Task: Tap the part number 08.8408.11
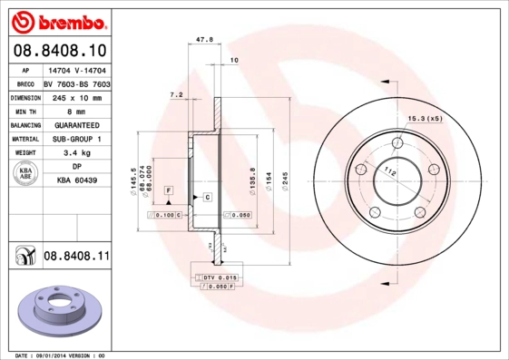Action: pyautogui.click(x=76, y=258)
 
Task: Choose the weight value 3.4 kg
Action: pyautogui.click(x=77, y=153)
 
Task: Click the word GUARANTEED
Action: pyautogui.click(x=77, y=125)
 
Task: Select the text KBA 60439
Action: pyautogui.click(x=77, y=181)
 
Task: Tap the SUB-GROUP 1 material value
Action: pyautogui.click(x=77, y=139)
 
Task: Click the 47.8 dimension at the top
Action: pyautogui.click(x=204, y=40)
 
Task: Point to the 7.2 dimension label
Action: pyautogui.click(x=176, y=94)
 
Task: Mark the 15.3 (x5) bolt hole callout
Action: pyautogui.click(x=425, y=119)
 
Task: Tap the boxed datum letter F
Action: pyautogui.click(x=168, y=189)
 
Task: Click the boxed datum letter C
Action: pyautogui.click(x=207, y=197)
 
